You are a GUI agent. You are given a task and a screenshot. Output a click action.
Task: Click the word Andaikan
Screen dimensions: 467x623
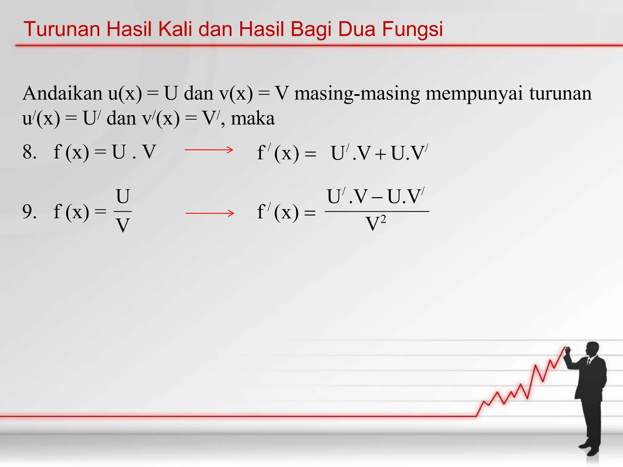coord(62,93)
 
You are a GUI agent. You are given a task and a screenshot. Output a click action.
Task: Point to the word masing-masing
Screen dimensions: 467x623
coord(357,94)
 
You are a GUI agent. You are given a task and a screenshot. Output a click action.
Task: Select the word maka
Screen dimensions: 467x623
coord(253,118)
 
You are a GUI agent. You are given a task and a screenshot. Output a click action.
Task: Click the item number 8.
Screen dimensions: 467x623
coord(29,152)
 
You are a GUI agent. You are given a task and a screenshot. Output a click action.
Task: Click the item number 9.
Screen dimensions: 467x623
coord(29,212)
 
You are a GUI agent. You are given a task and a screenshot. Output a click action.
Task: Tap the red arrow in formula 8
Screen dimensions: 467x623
coord(209,150)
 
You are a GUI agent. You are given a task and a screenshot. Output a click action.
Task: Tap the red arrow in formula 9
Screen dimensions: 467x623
coord(210,213)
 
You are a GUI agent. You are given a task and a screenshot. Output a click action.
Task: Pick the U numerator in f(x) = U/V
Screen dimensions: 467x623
coord(123,197)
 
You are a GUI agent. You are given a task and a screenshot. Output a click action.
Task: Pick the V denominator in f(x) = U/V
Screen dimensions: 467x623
coord(123,226)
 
